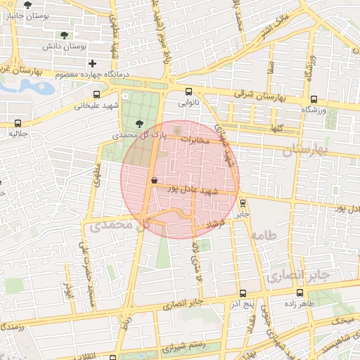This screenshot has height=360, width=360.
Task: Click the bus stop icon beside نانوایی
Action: [x=188, y=91]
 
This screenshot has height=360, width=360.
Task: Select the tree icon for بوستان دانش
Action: [x=65, y=34]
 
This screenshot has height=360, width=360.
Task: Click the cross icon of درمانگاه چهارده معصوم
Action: [x=92, y=64]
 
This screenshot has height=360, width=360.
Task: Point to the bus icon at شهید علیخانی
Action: [x=96, y=94]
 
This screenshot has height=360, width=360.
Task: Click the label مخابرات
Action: [x=196, y=141]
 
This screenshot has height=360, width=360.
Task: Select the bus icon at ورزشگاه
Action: [x=313, y=99]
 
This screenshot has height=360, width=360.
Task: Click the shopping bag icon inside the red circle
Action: [x=154, y=180]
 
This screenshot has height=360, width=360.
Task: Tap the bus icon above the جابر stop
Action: [x=243, y=202]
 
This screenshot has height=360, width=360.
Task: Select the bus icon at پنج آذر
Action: [x=243, y=293]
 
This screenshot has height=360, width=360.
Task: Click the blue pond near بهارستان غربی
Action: [x=32, y=86]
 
